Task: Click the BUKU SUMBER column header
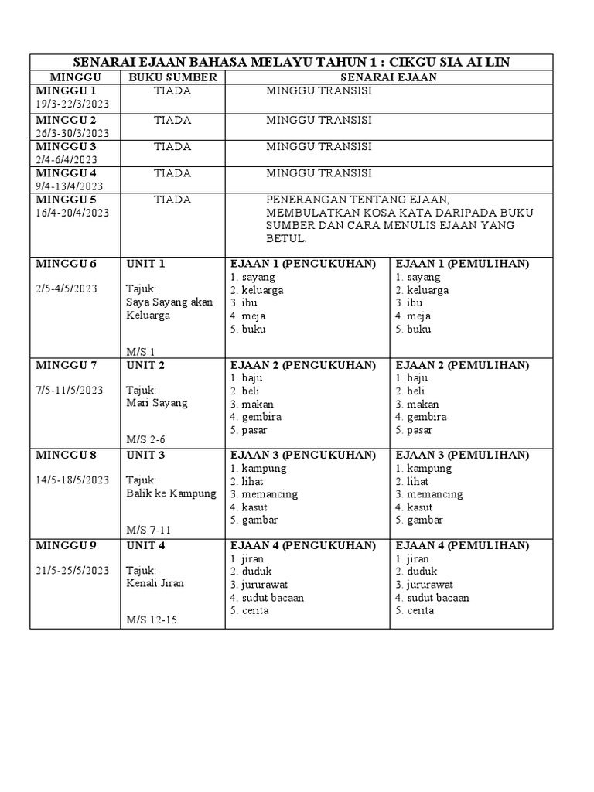172,77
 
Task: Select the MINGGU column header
74,77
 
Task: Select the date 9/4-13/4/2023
69,186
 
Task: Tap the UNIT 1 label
146,264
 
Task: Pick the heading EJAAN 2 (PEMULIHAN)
463,365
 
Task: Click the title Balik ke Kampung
171,493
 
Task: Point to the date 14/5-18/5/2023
72,480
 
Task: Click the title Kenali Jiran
155,583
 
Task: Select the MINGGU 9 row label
66,545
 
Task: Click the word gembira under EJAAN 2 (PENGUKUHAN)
261,417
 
